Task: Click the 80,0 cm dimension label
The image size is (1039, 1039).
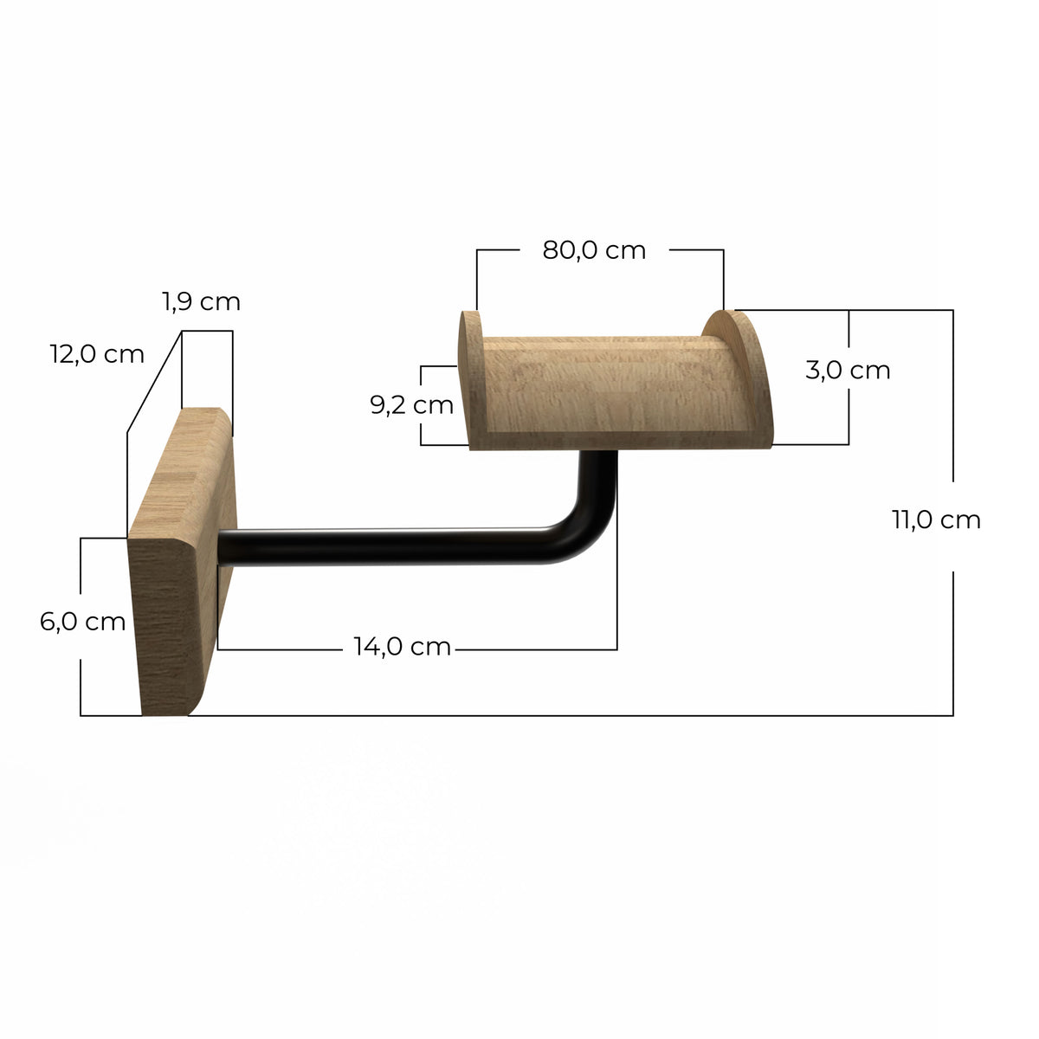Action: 594,250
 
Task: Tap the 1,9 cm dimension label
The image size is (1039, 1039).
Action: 201,301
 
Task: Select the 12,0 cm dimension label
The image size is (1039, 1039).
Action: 97,354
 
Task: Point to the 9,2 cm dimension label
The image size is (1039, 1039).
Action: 411,405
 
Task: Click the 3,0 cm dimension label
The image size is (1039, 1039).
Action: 848,370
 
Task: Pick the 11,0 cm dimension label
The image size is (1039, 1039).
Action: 936,519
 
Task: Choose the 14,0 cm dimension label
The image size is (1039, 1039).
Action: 403,647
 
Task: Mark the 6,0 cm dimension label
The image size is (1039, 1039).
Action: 82,622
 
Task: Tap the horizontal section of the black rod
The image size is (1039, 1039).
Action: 388,546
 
